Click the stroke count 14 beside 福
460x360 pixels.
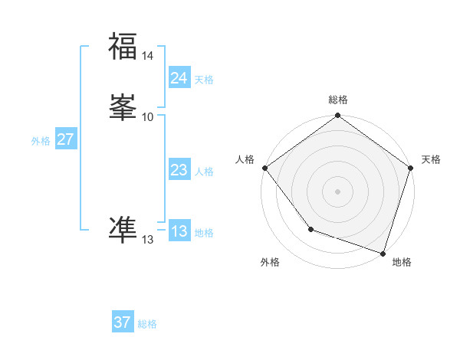click(148, 56)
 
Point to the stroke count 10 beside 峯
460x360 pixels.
click(148, 116)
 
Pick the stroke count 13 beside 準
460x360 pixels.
click(148, 240)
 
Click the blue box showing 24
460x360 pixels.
click(179, 78)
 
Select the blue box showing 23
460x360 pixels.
click(179, 171)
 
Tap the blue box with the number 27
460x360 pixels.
click(65, 139)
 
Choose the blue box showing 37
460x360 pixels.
click(122, 322)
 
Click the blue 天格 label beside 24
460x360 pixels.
click(204, 80)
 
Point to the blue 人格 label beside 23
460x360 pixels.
click(204, 172)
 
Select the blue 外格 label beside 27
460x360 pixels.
click(41, 141)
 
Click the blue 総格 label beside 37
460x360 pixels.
click(147, 324)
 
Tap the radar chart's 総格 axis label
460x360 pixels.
click(337, 100)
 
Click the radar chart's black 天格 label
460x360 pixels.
click(431, 159)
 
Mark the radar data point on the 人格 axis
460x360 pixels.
click(264, 168)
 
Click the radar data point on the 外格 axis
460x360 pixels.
click(310, 228)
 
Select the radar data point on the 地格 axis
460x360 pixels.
click(383, 252)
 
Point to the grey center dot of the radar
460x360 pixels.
click(337, 191)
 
